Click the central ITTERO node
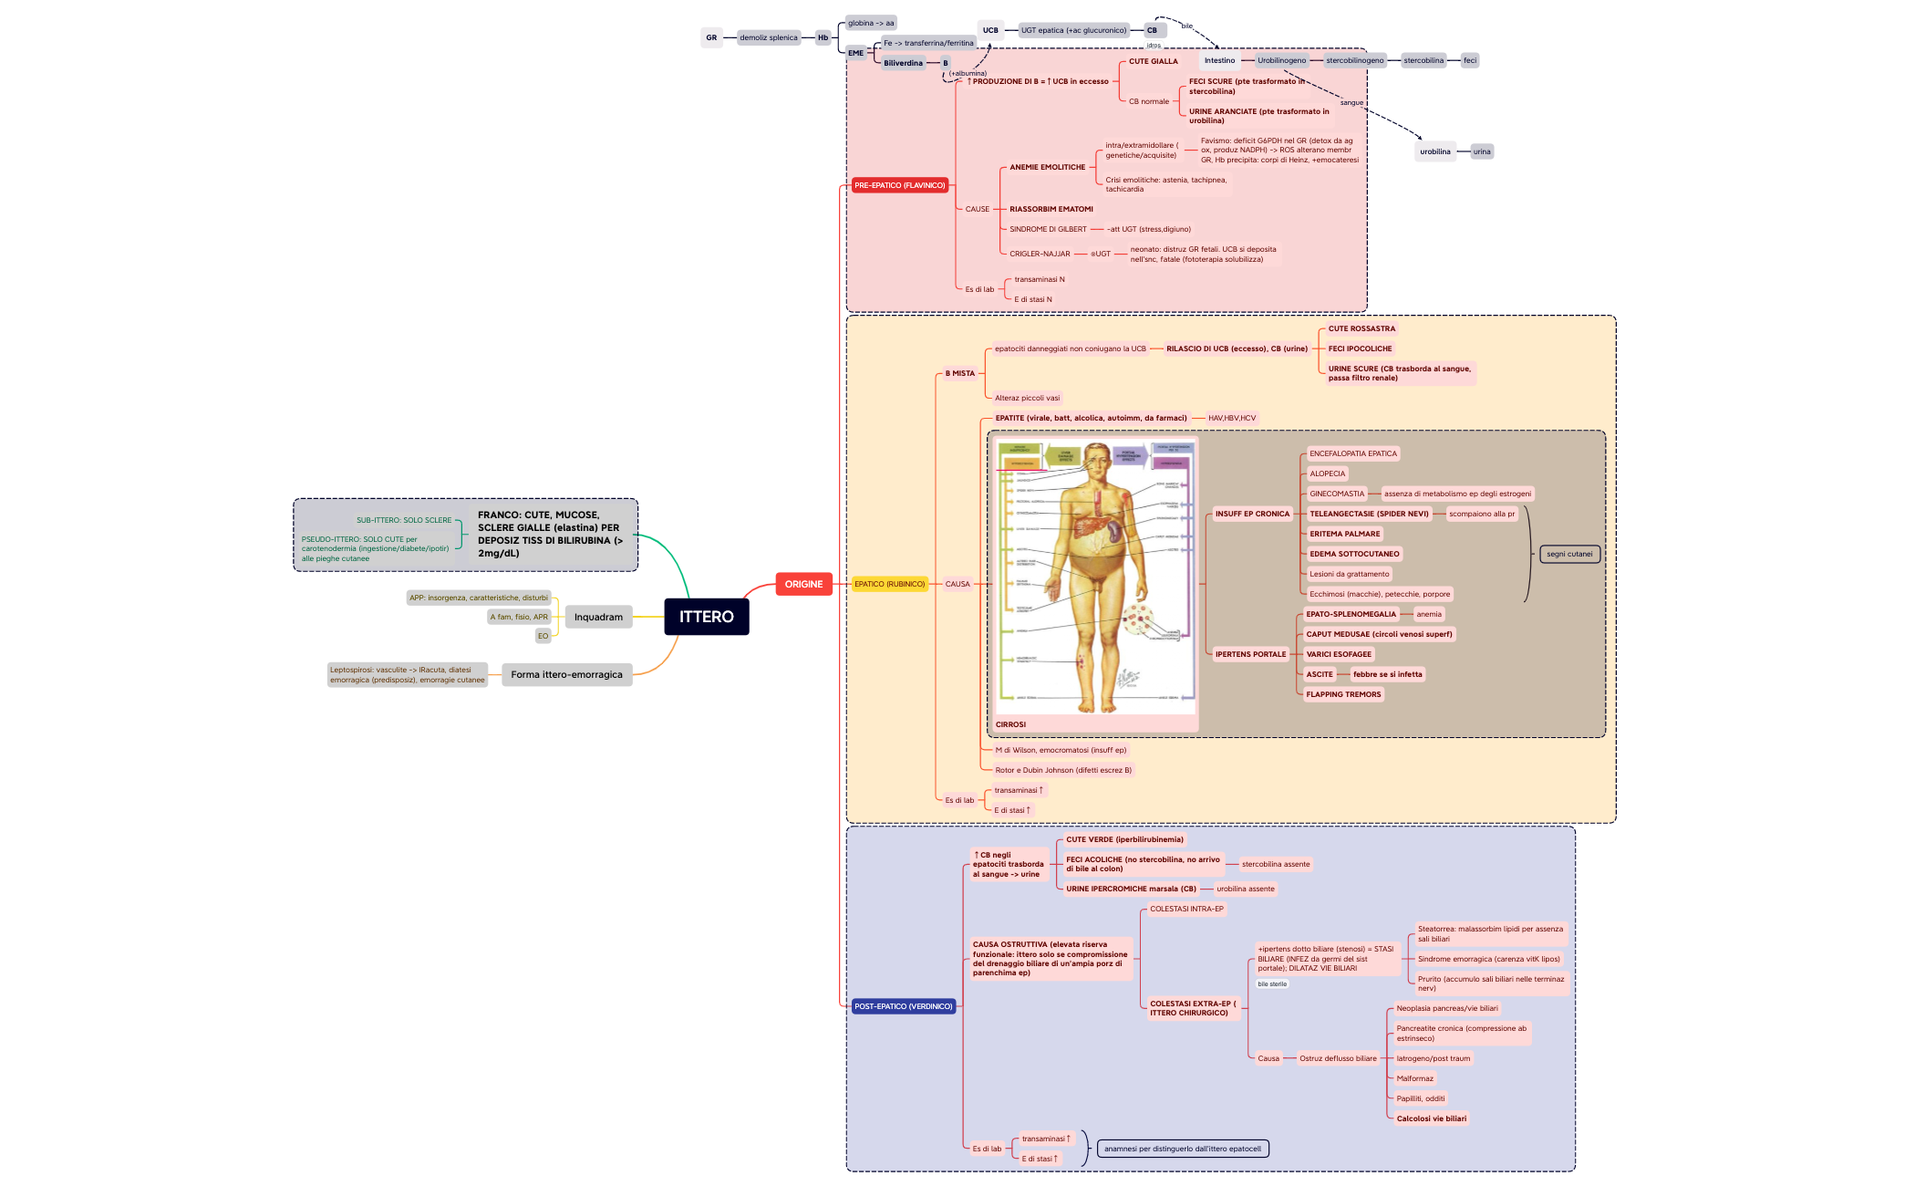(x=706, y=617)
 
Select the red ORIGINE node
(x=803, y=584)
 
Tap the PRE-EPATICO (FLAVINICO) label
(x=899, y=185)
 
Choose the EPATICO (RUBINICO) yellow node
(x=889, y=584)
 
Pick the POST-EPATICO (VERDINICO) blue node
(x=903, y=1006)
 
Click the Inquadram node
(x=598, y=618)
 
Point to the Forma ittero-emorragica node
(x=566, y=675)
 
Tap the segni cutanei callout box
(x=1569, y=554)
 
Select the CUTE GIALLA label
(x=1153, y=61)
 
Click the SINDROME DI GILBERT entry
(x=1048, y=229)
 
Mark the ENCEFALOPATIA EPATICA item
(x=1352, y=453)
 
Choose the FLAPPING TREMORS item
(x=1343, y=694)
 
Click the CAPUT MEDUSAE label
(x=1379, y=634)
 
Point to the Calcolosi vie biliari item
(x=1431, y=1118)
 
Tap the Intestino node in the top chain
(x=1219, y=60)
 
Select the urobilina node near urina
(x=1434, y=151)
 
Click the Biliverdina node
(x=903, y=63)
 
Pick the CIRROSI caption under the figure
(x=1010, y=724)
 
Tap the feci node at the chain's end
(x=1469, y=60)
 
